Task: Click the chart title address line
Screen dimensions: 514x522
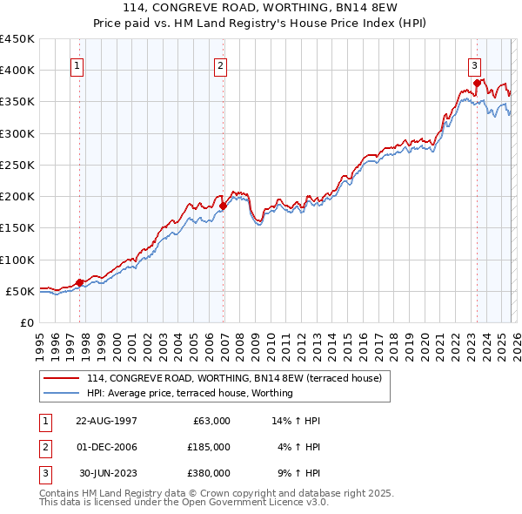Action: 261,9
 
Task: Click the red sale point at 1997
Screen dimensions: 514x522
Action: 80,282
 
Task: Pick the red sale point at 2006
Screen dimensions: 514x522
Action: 224,206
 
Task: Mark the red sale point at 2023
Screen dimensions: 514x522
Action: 477,83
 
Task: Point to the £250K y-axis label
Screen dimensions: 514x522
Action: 17,165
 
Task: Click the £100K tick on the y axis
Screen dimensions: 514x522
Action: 17,260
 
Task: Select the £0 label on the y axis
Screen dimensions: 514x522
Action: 26,322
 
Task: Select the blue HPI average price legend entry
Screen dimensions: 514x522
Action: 190,393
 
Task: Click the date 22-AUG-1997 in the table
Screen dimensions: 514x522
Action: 106,421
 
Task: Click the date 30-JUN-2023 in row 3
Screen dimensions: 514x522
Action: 108,473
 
